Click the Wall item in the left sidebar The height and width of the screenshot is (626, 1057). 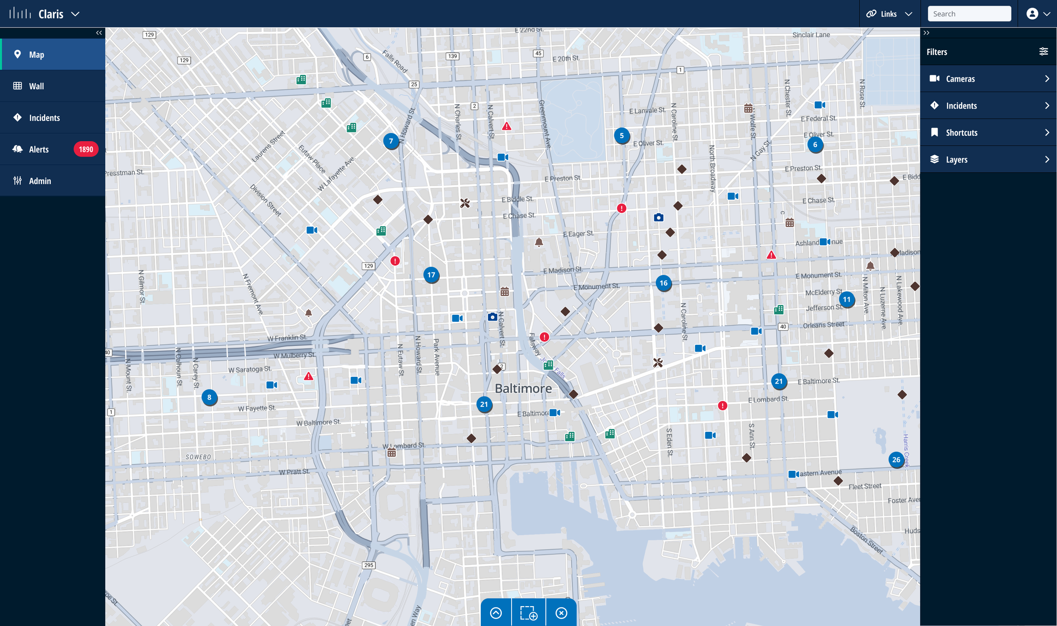[36, 86]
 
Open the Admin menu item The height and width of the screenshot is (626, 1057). [40, 181]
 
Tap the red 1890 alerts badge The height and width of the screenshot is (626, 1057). [86, 149]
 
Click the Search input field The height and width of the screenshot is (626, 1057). [969, 14]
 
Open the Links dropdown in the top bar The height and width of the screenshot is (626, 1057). [889, 14]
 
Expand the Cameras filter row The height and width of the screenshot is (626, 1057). [989, 79]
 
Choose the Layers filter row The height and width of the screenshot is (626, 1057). [989, 159]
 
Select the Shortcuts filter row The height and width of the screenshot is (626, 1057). [989, 133]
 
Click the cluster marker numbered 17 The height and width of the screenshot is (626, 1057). [431, 275]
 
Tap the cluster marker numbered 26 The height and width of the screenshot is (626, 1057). [896, 460]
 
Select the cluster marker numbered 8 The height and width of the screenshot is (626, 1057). [209, 397]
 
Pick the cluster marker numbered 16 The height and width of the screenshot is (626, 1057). [663, 283]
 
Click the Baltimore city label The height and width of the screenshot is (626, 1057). [523, 388]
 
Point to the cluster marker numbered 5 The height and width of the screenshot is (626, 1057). [622, 136]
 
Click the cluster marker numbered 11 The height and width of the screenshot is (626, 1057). [846, 299]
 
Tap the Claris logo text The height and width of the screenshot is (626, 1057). [51, 14]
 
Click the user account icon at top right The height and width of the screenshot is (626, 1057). [1032, 14]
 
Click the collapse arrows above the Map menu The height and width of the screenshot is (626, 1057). [99, 33]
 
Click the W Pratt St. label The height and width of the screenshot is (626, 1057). [294, 472]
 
